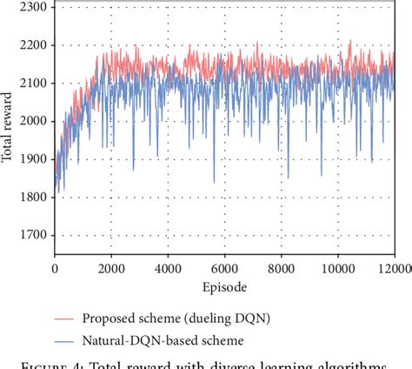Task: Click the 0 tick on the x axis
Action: [x=55, y=271]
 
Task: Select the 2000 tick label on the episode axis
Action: [x=111, y=271]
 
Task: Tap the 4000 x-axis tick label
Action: [x=168, y=271]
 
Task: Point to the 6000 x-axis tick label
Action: [x=224, y=271]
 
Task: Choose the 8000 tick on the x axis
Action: [x=281, y=271]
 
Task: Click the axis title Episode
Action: [x=224, y=287]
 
